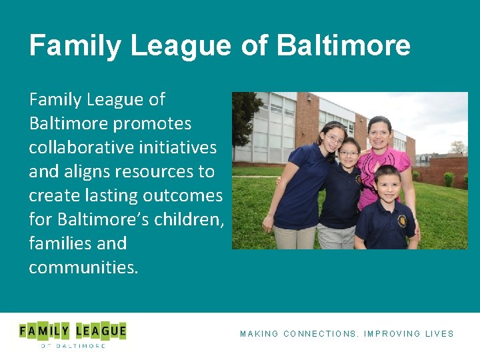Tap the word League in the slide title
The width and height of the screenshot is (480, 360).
point(180,45)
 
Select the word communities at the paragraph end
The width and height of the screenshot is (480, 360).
point(83,267)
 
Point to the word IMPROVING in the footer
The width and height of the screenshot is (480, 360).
point(393,334)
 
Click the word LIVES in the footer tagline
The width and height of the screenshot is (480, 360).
point(439,334)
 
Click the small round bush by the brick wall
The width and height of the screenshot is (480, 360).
point(449,179)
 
